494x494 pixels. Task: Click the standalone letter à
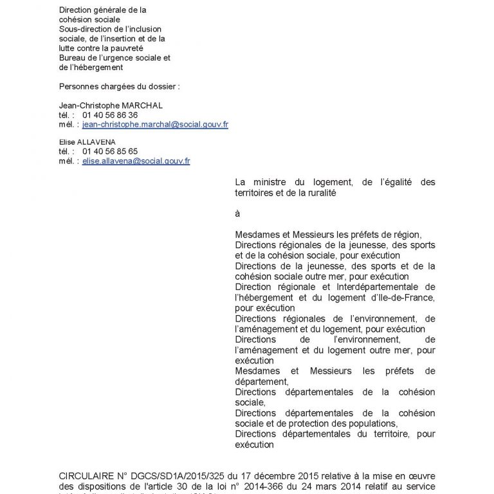pos(238,213)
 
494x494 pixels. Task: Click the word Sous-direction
pos(84,29)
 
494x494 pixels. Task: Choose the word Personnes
pos(79,86)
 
